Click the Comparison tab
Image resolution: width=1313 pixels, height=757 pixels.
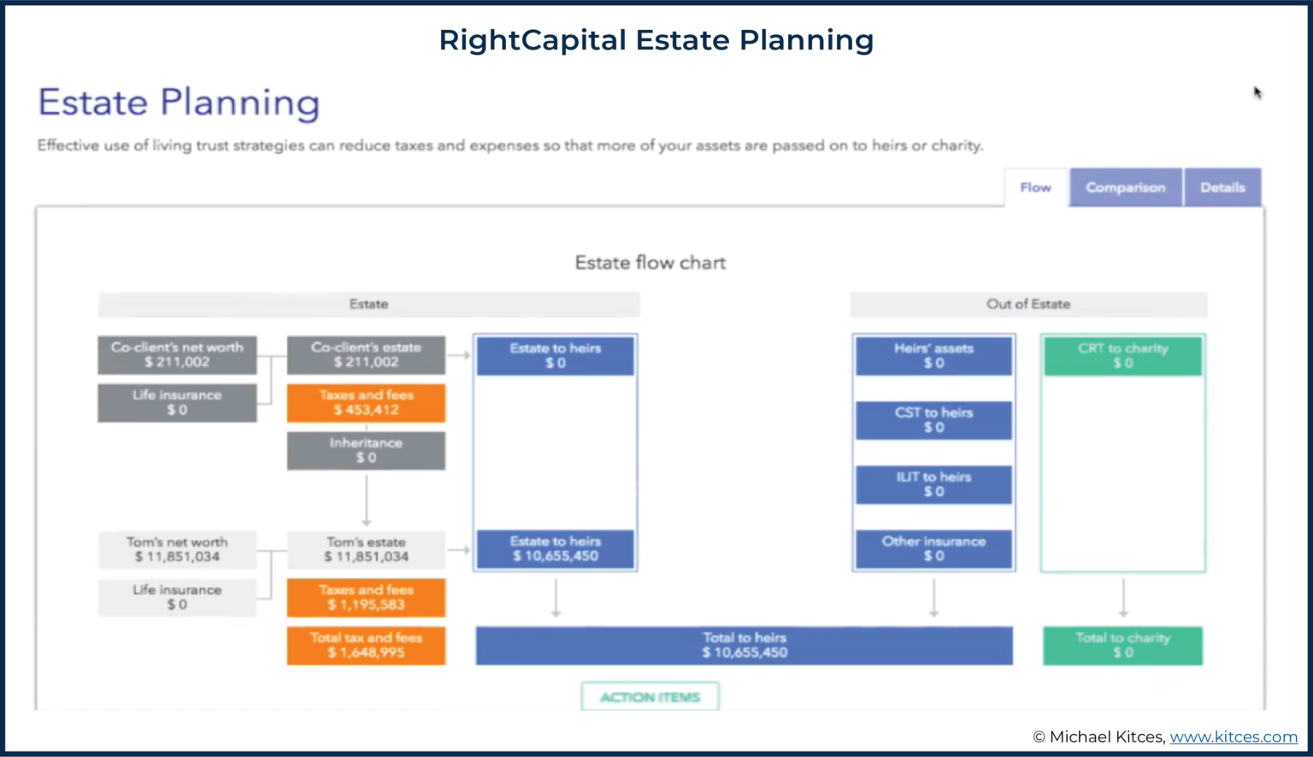point(1125,187)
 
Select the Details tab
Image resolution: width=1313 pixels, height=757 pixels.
point(1222,187)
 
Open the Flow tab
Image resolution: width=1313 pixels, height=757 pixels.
point(1035,187)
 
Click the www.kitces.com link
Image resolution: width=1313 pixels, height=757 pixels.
point(1234,736)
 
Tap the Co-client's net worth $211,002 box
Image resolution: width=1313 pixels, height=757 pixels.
point(177,355)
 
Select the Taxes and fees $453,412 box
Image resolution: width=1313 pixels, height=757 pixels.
point(366,403)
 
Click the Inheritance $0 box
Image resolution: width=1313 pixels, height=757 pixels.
point(366,451)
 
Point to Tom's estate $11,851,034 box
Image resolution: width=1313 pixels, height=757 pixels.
point(366,550)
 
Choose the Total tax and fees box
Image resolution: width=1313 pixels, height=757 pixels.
point(366,646)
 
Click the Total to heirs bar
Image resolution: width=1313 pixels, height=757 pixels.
point(744,646)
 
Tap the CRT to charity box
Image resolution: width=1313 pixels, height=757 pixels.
point(1122,356)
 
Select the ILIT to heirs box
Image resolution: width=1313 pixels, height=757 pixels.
point(933,484)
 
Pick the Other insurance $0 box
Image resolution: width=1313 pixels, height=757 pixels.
point(933,549)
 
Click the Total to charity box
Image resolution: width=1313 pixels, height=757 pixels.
point(1122,646)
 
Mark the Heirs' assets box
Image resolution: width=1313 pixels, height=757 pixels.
point(933,356)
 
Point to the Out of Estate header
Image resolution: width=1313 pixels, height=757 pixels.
point(1027,305)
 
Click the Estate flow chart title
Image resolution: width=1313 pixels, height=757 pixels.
point(650,263)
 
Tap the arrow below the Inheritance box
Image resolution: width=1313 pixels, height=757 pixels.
point(366,500)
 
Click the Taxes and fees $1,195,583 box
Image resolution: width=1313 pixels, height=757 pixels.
point(366,598)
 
